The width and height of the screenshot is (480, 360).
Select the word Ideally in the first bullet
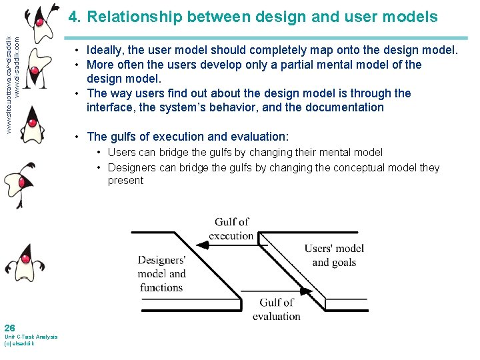coord(108,50)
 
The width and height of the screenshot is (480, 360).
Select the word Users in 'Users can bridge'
coord(122,152)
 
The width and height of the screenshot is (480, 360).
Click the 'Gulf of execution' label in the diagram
coord(231,229)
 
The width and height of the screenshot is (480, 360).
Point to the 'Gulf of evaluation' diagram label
coord(276,310)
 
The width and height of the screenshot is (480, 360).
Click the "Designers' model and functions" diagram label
coord(161,274)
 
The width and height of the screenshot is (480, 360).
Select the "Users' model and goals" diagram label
coord(334,255)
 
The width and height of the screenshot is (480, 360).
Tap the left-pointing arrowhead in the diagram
coord(204,245)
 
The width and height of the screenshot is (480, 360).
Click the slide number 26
coord(10,327)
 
